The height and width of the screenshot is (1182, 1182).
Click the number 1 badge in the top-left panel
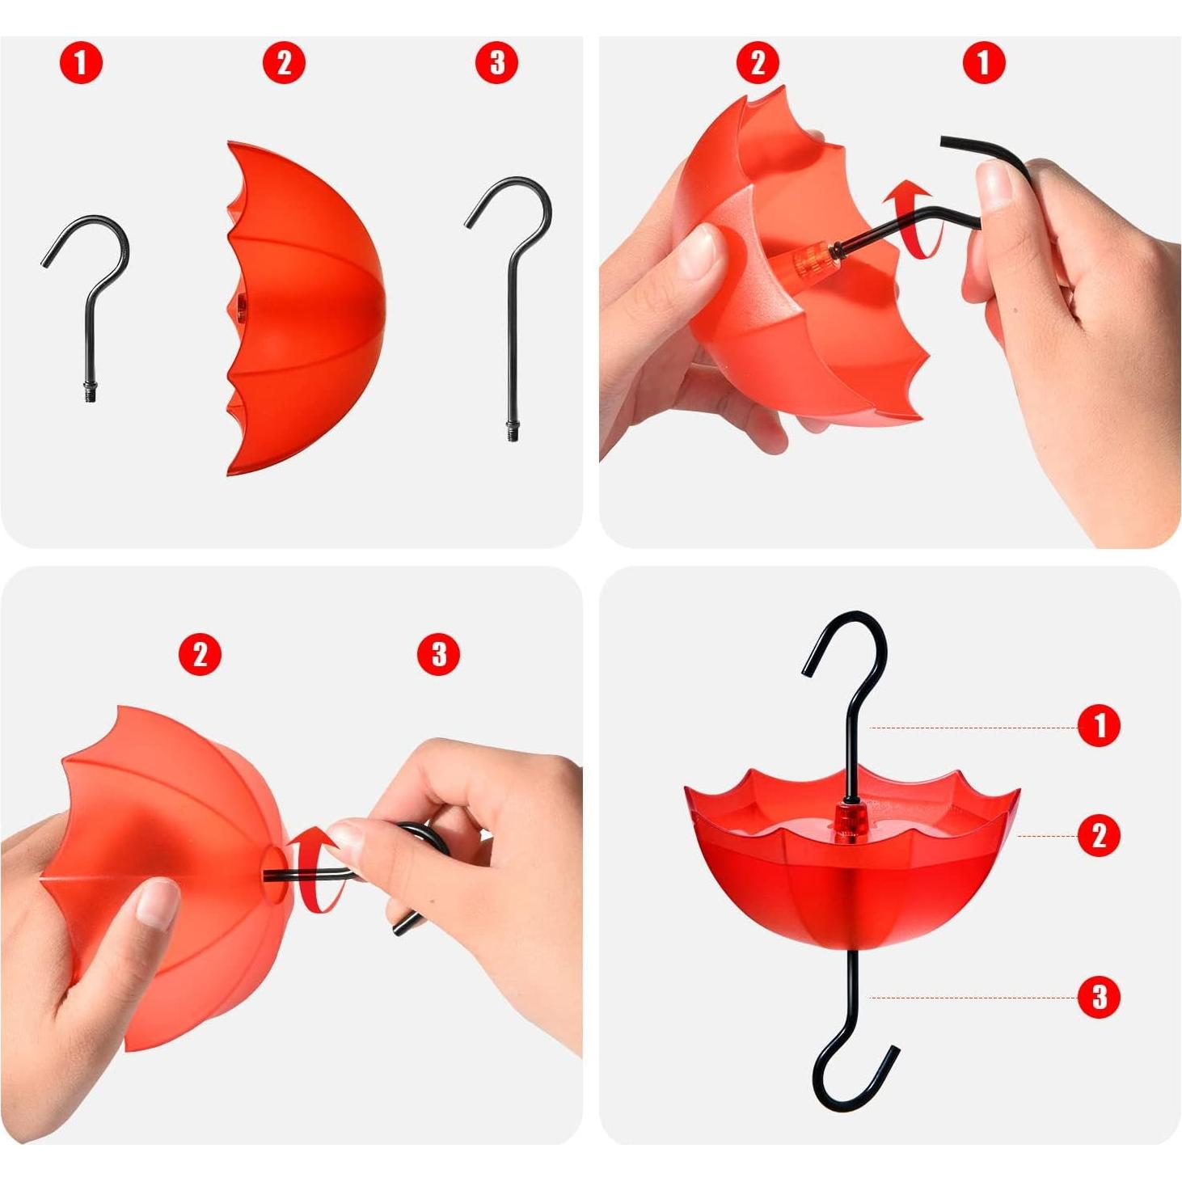(x=81, y=63)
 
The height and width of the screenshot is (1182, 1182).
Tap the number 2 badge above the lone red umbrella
(x=284, y=63)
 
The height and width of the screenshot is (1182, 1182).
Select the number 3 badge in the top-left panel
(x=497, y=63)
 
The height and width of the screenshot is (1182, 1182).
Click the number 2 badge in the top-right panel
(x=758, y=63)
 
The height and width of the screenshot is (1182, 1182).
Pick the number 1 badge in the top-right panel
(x=984, y=63)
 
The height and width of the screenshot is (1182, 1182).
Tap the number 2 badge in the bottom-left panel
(x=200, y=655)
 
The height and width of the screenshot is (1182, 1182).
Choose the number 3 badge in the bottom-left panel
(x=438, y=655)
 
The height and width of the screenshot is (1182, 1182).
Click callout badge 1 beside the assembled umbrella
(x=1100, y=726)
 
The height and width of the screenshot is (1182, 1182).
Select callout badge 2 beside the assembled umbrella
(x=1100, y=835)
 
